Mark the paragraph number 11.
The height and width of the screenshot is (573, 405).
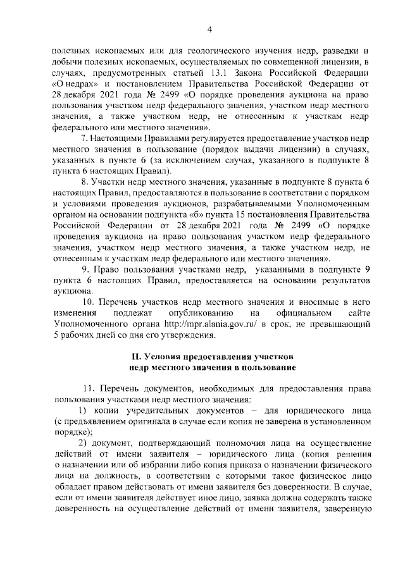89,388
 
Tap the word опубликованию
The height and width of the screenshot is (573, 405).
201,313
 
